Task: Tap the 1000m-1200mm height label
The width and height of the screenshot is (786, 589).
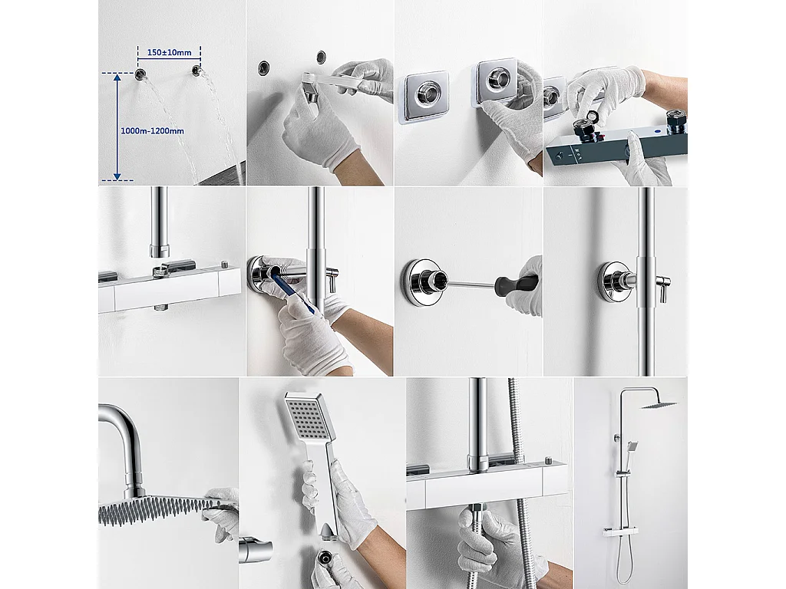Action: (x=153, y=131)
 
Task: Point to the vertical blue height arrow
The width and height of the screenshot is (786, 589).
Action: (x=117, y=127)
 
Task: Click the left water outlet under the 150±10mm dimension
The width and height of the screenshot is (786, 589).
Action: (x=141, y=74)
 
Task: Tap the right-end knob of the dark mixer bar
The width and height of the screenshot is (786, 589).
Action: (x=676, y=121)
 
